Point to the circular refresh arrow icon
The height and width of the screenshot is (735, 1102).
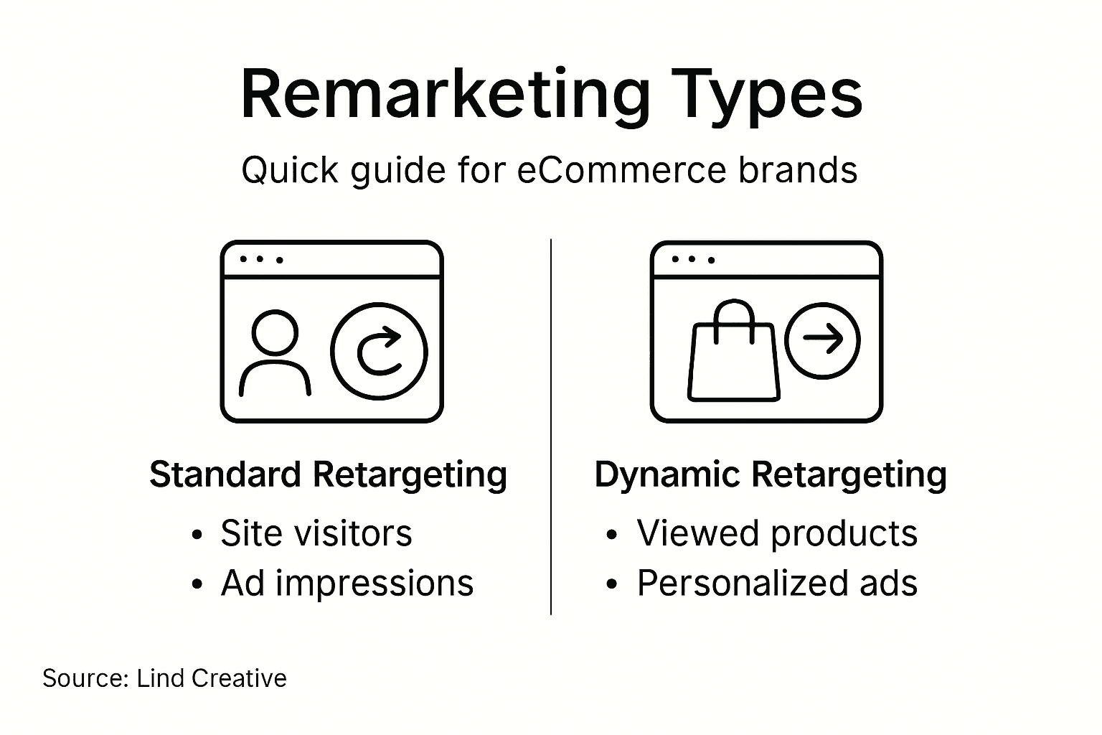[x=379, y=351]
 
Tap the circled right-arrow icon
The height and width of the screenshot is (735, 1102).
[x=822, y=340]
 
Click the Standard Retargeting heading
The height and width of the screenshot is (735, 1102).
[x=328, y=474]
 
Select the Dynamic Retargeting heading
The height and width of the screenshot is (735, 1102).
[x=771, y=474]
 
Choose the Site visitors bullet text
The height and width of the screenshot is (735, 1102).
[x=316, y=533]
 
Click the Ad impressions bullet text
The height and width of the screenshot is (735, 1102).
[x=347, y=583]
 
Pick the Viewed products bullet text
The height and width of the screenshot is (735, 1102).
[x=777, y=533]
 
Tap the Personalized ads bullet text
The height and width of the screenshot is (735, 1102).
[x=777, y=583]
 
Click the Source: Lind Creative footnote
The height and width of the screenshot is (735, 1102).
[x=164, y=678]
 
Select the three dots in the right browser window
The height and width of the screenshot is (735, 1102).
[x=692, y=259]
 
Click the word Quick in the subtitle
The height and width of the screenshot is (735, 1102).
[x=290, y=171]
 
